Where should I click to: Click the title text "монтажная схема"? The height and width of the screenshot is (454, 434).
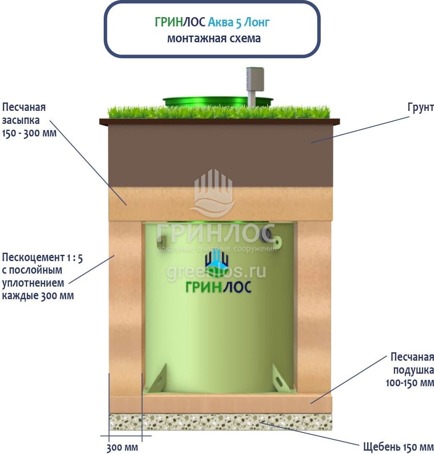click(x=214, y=38)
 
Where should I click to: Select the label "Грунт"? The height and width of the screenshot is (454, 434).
click(x=420, y=108)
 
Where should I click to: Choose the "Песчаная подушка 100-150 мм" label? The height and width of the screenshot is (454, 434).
click(x=412, y=369)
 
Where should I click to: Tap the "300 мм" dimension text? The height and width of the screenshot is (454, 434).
click(x=122, y=447)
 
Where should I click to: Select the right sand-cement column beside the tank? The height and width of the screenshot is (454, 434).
click(x=314, y=305)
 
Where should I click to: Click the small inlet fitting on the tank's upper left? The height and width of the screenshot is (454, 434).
click(x=161, y=241)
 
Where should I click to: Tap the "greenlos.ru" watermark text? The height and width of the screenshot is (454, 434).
click(x=216, y=272)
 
